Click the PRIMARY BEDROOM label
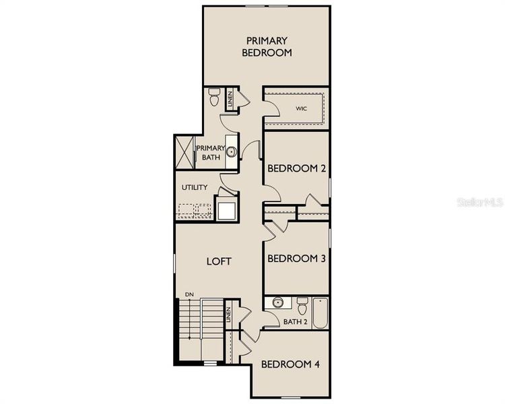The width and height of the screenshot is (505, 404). (x=267, y=46)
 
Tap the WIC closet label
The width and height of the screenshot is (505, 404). (x=301, y=107)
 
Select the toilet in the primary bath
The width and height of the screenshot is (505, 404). (x=214, y=98)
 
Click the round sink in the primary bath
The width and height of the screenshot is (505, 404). (x=231, y=152)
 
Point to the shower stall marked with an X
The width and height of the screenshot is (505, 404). (x=184, y=150)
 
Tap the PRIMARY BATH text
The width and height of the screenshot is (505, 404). (x=211, y=153)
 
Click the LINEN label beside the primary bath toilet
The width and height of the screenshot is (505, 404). (x=230, y=100)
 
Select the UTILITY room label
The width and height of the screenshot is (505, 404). (x=194, y=188)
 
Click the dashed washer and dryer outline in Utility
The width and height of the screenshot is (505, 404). (x=194, y=211)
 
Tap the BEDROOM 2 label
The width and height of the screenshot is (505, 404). (x=296, y=168)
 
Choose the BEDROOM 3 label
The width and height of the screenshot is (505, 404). (x=296, y=259)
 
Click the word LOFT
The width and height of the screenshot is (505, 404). (x=219, y=261)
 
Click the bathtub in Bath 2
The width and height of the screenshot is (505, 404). (x=320, y=312)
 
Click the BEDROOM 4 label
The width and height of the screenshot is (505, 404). (x=290, y=364)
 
